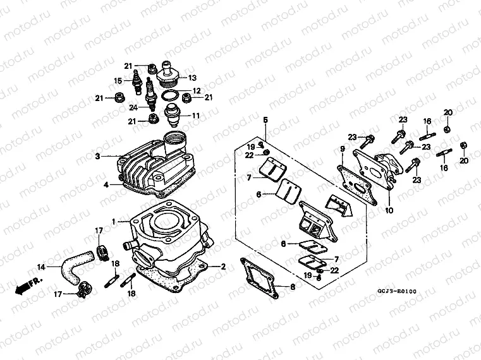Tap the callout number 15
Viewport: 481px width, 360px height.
click(118, 80)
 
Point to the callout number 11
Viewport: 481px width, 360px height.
click(195, 116)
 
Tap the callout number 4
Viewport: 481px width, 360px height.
click(107, 184)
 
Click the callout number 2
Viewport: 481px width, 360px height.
click(222, 266)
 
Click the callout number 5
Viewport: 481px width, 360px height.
click(265, 119)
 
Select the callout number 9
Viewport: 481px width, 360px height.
click(341, 149)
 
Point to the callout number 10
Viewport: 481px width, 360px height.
click(387, 210)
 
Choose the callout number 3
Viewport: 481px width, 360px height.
click(98, 156)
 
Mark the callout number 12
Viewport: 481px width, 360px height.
click(197, 90)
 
